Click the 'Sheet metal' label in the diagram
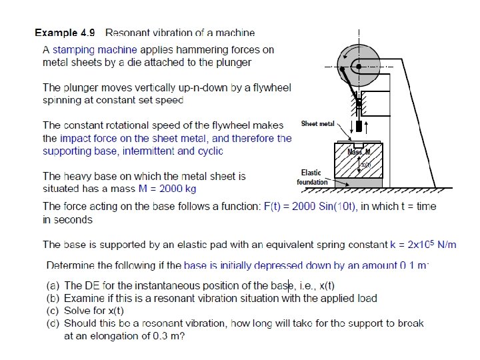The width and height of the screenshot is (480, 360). tap(318, 124)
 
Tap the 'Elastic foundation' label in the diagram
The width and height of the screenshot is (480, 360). tap(312, 177)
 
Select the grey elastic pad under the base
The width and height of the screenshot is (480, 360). tap(360, 182)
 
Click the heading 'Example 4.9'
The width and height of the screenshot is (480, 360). tap(65, 32)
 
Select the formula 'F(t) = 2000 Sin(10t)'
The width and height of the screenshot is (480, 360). tap(311, 207)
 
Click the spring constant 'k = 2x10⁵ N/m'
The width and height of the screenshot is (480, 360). tap(423, 245)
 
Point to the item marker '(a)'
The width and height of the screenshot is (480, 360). tap(53, 285)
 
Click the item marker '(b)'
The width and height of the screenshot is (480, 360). tap(53, 298)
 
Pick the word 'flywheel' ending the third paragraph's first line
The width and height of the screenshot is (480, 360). tap(272, 87)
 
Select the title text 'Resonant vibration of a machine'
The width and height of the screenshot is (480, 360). tap(180, 32)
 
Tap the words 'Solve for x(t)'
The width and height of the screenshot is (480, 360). tap(94, 311)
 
